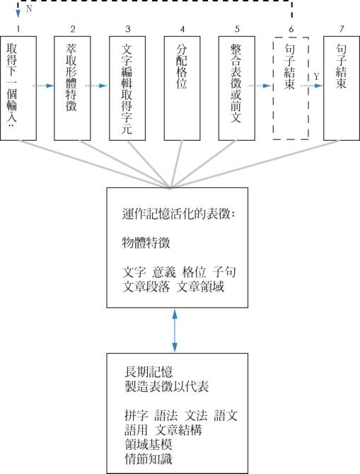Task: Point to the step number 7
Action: coord(342,29)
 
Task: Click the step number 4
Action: coord(182,29)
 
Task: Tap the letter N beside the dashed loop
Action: coord(29,8)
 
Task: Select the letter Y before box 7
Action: coord(316,77)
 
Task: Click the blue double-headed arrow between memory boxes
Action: coord(175,330)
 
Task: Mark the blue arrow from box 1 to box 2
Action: coord(43,86)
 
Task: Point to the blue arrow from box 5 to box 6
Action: coord(260,86)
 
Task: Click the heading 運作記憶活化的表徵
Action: coord(178,214)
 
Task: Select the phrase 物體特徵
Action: coord(146,243)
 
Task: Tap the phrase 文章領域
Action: coord(200,287)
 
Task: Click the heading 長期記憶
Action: coord(149,372)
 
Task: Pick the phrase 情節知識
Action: coord(149,458)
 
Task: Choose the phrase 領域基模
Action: coord(149,444)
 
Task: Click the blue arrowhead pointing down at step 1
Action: coord(18,13)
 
